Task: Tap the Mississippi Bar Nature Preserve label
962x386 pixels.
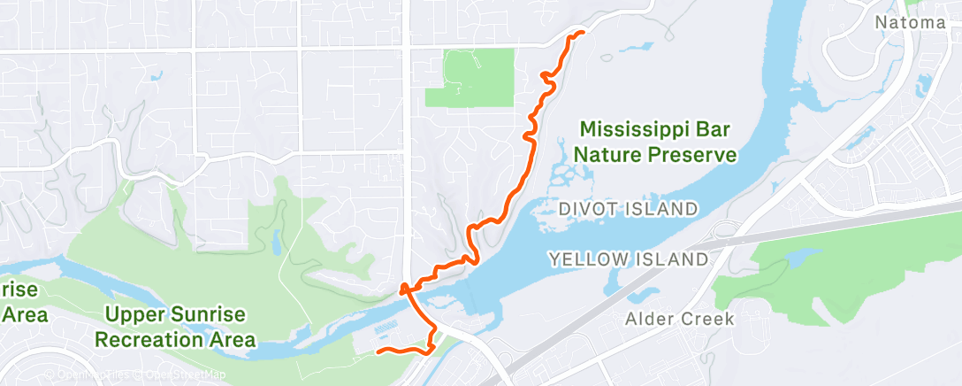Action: coord(655,143)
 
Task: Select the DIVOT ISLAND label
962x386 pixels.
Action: coord(629,209)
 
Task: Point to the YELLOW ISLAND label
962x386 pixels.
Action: coord(629,259)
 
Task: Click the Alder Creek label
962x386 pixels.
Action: coord(680,319)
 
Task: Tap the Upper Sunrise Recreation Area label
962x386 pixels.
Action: coord(175,327)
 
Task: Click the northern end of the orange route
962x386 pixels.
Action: coord(583,33)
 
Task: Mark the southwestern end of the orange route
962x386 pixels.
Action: coord(379,352)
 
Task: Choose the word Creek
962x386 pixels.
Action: coord(708,319)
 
